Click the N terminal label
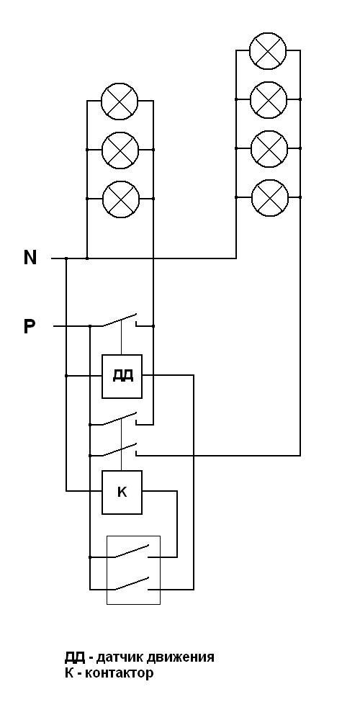30,258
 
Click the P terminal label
30,326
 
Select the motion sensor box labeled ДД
122,376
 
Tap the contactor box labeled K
122,492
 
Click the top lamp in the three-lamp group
120,101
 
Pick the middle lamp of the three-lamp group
120,150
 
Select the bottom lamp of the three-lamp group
120,199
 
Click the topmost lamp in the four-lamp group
268,50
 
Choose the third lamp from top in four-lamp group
269,148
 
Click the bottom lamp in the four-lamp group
270,197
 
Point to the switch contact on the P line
120,320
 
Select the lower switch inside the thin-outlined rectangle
132,583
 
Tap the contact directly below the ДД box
120,419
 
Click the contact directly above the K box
120,450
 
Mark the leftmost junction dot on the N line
66,258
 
